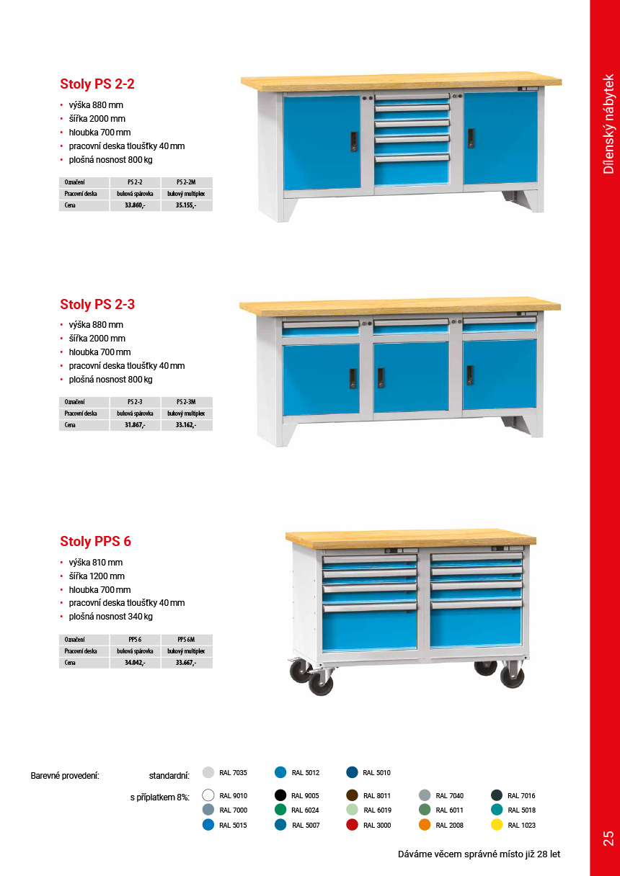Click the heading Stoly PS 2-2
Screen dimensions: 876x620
coord(97,84)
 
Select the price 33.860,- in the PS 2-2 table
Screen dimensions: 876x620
coord(135,205)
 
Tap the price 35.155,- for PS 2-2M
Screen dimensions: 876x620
coord(186,205)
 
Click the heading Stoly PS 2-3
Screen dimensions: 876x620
coord(97,304)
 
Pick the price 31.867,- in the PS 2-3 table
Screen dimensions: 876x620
coord(135,425)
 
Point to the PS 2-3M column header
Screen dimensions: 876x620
coord(186,401)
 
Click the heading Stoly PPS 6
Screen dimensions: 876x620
coord(95,542)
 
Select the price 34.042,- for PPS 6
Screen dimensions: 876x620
coord(135,663)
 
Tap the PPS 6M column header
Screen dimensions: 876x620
coord(186,639)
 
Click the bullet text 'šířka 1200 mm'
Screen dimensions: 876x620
coord(97,576)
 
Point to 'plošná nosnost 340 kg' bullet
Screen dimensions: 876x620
coord(110,617)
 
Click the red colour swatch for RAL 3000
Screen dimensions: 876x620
coord(352,825)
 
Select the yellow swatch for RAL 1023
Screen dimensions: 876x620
coord(497,825)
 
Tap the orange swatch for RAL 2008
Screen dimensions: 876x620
coord(425,825)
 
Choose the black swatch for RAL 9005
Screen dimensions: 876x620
coord(280,795)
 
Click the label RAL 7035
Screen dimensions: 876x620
coord(233,773)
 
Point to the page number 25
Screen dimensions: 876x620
coord(608,838)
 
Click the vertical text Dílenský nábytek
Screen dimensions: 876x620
coord(608,124)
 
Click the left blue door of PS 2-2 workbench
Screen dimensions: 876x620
coord(322,140)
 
